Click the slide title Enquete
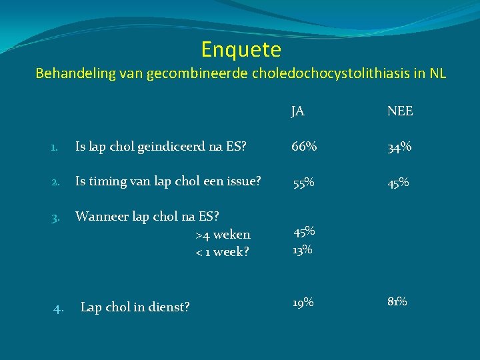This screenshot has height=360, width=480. pyautogui.click(x=241, y=49)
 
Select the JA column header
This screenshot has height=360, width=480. pyautogui.click(x=298, y=111)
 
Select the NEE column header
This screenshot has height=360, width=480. pyautogui.click(x=400, y=111)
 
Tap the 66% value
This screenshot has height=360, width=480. pyautogui.click(x=303, y=147)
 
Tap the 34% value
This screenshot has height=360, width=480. pyautogui.click(x=399, y=147)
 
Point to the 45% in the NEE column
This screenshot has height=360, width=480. pyautogui.click(x=399, y=182)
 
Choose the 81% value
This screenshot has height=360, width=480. pyautogui.click(x=398, y=301)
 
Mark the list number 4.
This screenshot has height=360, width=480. pyautogui.click(x=59, y=307)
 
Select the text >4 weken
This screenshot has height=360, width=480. pyautogui.click(x=223, y=235)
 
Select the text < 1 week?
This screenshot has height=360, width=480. pyautogui.click(x=222, y=252)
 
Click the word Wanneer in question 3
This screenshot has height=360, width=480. pyautogui.click(x=100, y=216)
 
